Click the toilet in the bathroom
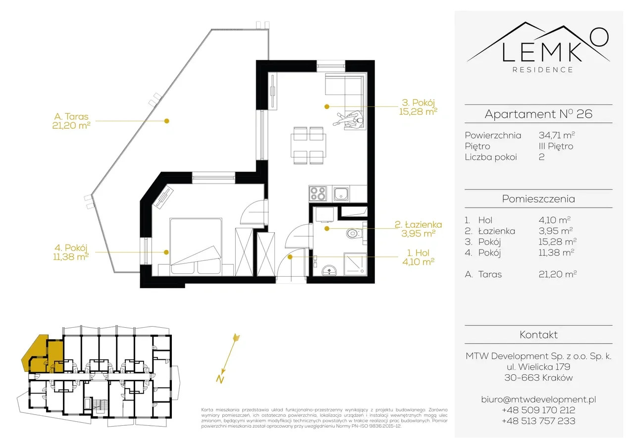click(x=354, y=234)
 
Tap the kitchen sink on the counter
click(x=341, y=194)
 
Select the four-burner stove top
click(x=317, y=194)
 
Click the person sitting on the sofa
click(x=348, y=119)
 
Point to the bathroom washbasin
click(x=329, y=270)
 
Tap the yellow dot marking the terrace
click(x=167, y=121)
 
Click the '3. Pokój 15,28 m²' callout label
click(x=418, y=107)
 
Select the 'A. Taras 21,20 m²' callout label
click(x=71, y=121)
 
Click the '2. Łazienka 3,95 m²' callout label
click(x=418, y=229)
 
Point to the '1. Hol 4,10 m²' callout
click(x=418, y=257)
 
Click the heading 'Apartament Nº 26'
click(x=538, y=114)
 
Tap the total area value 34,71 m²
click(x=557, y=135)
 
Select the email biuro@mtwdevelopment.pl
click(x=538, y=399)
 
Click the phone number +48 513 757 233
click(x=538, y=421)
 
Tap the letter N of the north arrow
click(x=220, y=379)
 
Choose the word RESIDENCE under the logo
click(x=543, y=70)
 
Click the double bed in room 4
click(x=196, y=246)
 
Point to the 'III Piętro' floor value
click(x=556, y=146)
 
